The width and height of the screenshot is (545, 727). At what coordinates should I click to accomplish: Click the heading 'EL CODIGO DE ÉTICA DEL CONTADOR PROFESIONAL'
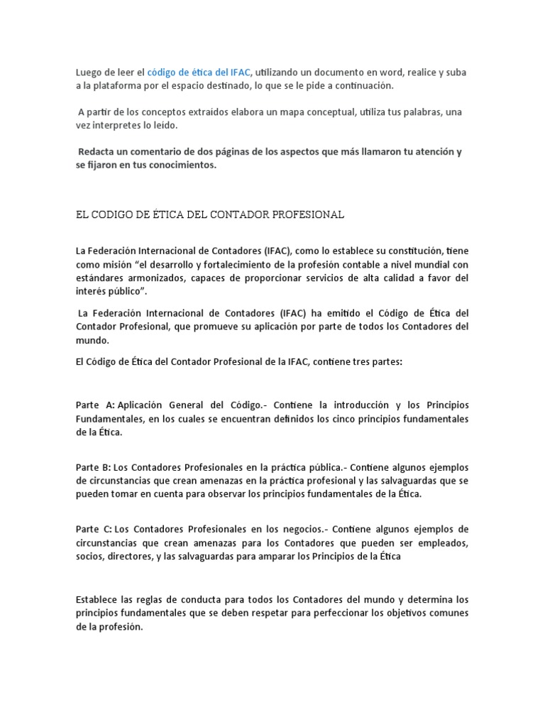point(209,214)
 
